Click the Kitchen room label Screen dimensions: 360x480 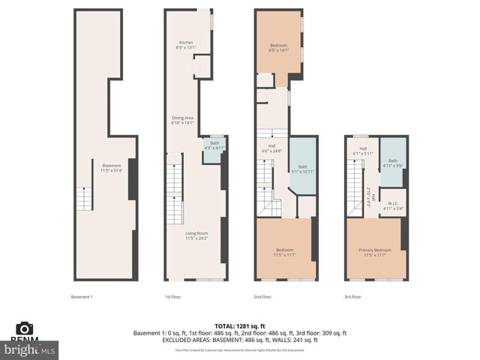click(185, 44)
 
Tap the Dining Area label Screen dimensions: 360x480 click(183, 120)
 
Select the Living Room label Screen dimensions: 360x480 click(196, 235)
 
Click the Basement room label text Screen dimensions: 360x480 click(111, 168)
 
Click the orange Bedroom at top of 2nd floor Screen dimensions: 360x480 click(279, 47)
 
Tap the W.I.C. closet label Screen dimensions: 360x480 click(393, 205)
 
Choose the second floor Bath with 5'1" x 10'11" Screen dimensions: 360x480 click(303, 169)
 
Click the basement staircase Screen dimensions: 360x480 click(87, 199)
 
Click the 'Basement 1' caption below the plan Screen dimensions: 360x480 click(81, 296)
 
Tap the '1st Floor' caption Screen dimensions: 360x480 click(173, 296)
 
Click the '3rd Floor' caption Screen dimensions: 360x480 click(352, 296)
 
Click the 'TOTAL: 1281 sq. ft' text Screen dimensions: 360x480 click(239, 324)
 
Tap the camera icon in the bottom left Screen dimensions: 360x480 click(25, 328)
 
